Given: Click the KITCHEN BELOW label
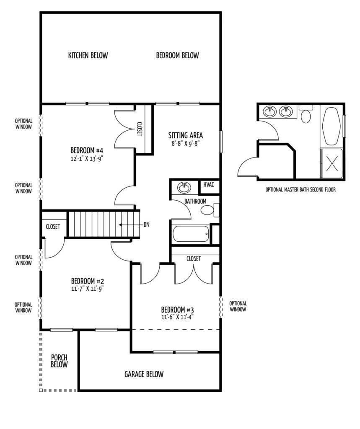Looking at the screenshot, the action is pos(88,56).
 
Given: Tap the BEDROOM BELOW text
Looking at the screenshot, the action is pos(177,56).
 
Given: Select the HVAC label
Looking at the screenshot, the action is pos(209,184).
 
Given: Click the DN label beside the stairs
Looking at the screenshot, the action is pos(146,225).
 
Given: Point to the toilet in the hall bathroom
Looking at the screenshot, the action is pos(210,210).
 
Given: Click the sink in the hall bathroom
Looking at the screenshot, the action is pos(184,188).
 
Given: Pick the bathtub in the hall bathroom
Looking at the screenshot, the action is pos(191,234).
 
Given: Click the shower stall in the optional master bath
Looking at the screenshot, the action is pos(332,163).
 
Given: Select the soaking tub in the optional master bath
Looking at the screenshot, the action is pos(332,126).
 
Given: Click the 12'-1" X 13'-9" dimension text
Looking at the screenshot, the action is pos(87,159).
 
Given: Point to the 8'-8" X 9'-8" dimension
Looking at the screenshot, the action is pos(186,143).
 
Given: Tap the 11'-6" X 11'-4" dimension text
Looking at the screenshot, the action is pos(178,317).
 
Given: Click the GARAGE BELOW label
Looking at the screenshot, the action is pos(144,374).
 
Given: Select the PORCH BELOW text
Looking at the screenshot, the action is pos(59,361).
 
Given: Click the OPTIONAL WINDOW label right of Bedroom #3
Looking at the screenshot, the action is pos(238,306).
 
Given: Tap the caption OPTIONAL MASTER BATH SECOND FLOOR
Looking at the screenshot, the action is pos(300,190).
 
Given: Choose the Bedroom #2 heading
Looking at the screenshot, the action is pos(88,281).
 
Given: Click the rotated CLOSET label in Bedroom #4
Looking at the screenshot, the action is pos(139,129).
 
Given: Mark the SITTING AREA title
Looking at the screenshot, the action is pos(186,135).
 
